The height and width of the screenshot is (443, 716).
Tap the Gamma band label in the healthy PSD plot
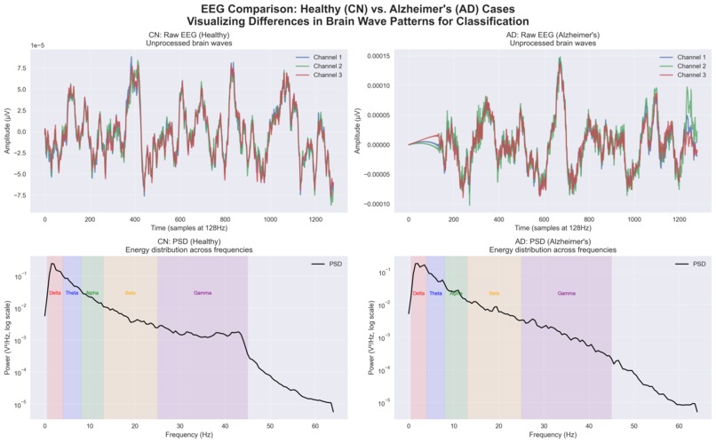[x=203, y=293]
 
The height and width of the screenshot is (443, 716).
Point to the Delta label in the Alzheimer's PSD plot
[x=418, y=293]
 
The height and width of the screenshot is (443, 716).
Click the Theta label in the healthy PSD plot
[x=72, y=293]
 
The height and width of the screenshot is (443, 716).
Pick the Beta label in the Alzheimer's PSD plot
[x=495, y=293]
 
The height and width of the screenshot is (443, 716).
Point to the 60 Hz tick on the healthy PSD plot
[x=314, y=426]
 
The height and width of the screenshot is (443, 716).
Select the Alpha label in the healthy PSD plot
[x=92, y=293]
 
